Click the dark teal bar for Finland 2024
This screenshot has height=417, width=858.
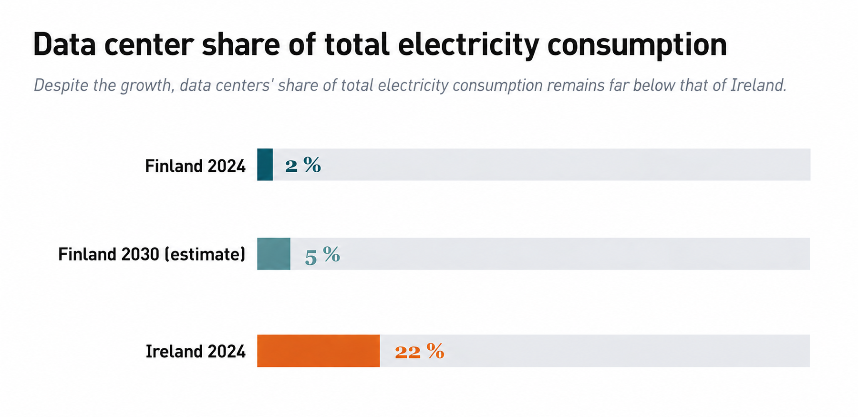(265, 165)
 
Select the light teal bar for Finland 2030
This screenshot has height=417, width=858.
(273, 254)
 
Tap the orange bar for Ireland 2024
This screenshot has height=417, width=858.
(318, 351)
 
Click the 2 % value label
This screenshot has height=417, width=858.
(303, 165)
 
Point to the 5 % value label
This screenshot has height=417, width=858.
(322, 255)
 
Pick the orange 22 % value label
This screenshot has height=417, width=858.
(419, 352)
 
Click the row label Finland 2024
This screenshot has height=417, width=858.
(195, 166)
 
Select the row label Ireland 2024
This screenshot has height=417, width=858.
(196, 352)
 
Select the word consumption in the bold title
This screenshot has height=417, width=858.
(637, 44)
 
